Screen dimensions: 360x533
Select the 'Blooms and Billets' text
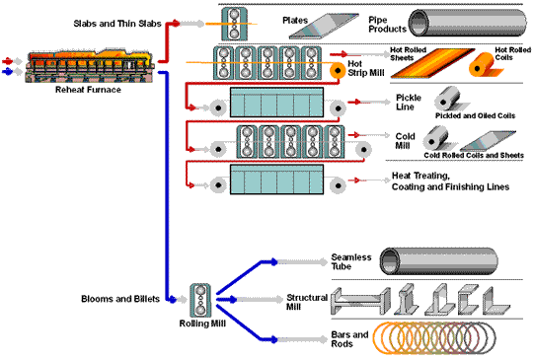point(114,297)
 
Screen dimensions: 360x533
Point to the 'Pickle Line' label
point(409,103)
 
